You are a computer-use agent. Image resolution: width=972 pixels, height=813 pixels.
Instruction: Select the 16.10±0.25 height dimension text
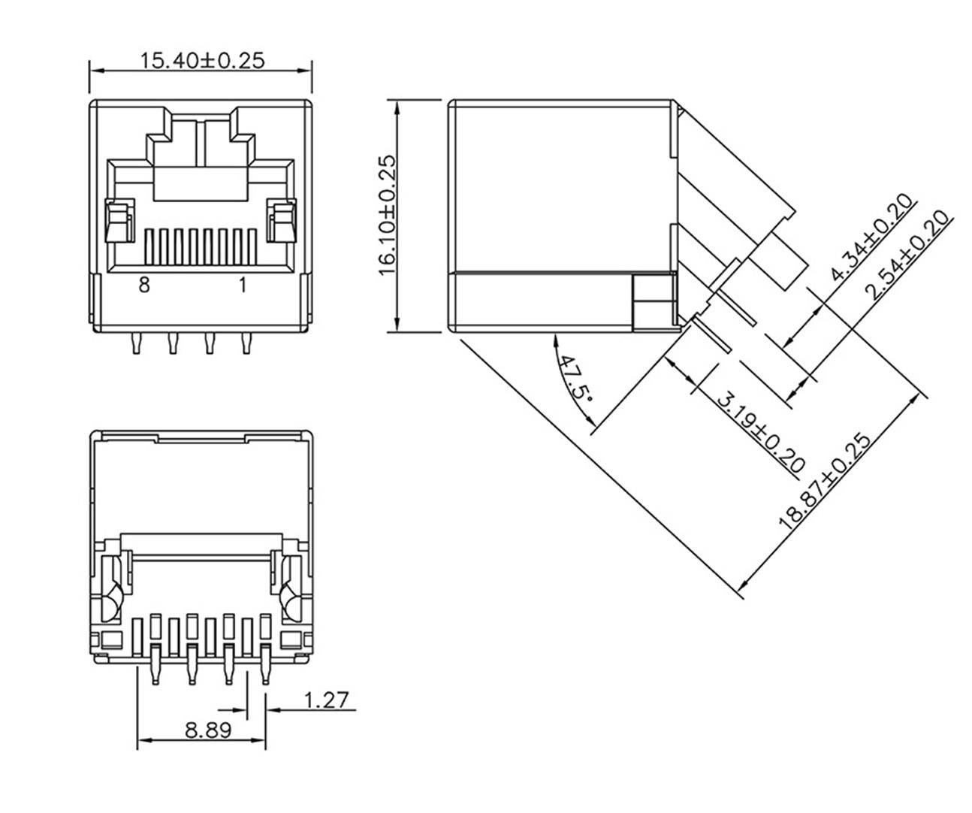386,215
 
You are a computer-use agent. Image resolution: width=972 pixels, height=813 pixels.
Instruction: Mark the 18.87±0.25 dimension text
826,482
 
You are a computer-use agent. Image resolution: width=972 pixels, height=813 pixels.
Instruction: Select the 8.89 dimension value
208,730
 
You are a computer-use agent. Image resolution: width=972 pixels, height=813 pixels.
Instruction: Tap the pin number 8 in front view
144,286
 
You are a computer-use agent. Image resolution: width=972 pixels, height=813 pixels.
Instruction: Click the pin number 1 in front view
243,286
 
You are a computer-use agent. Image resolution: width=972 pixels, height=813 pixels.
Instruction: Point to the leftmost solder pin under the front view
135,343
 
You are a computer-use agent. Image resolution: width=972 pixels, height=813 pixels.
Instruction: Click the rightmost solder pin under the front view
245,343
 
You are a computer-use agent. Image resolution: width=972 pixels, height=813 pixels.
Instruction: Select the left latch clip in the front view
119,222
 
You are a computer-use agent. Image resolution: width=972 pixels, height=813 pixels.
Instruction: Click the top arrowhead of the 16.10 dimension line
398,106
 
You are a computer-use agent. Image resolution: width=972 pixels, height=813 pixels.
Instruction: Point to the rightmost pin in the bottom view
264,666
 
